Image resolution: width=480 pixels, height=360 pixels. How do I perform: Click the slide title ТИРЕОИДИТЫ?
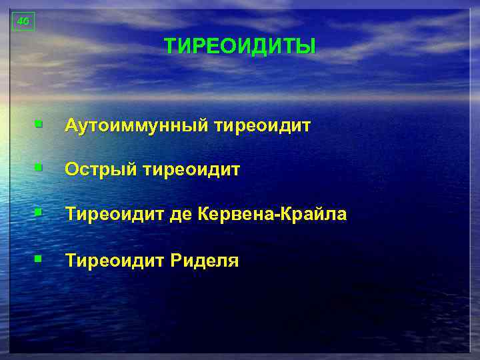click(240, 47)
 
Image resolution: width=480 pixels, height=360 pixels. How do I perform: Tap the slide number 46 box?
click(23, 21)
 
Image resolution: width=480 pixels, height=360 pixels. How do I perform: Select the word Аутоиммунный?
click(137, 126)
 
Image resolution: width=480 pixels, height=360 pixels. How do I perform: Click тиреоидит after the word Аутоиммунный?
click(263, 126)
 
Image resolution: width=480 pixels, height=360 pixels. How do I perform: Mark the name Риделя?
click(205, 260)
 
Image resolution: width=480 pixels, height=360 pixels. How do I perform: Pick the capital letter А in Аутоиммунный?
click(71, 126)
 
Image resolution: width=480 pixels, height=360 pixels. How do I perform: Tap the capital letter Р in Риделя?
click(176, 260)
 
